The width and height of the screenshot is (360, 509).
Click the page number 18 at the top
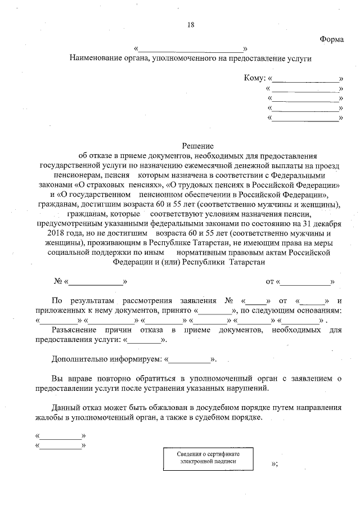(191, 24)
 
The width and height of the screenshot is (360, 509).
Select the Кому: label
(255, 79)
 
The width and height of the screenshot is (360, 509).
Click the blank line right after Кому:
(307, 79)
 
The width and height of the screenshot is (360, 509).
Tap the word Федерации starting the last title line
(132, 262)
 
